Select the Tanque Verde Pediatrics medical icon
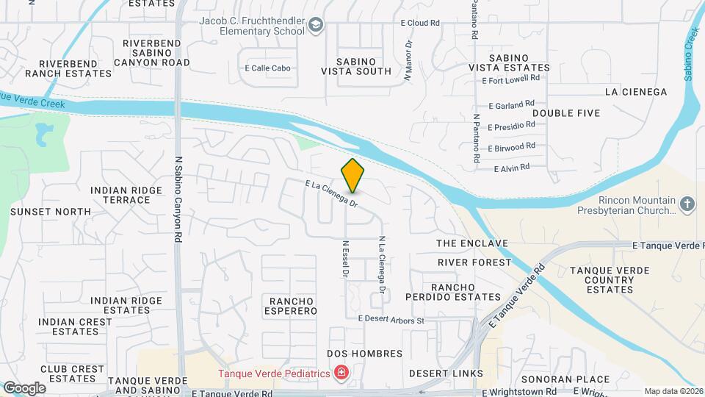click(x=341, y=374)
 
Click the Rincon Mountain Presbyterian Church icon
click(x=687, y=204)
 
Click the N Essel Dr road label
click(x=344, y=258)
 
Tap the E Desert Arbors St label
click(x=391, y=320)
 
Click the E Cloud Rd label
click(x=419, y=23)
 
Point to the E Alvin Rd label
click(x=512, y=168)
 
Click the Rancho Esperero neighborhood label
click(x=292, y=306)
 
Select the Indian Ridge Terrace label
click(x=126, y=195)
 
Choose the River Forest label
click(x=474, y=262)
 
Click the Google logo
click(x=24, y=387)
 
